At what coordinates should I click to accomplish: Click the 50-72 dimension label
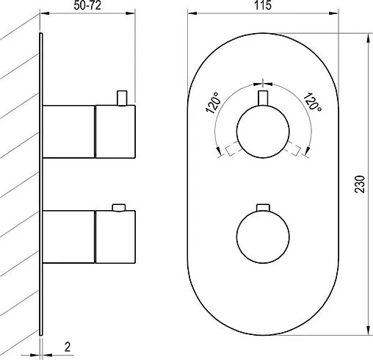pos(87,6)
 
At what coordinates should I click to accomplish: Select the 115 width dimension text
pos(263,5)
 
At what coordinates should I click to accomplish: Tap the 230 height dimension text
pos(360,184)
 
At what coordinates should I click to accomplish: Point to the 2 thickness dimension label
pos(68,347)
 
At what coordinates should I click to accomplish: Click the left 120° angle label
pos(214,103)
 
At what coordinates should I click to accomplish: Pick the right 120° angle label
pos(313,102)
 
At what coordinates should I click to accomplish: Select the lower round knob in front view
pos(263,237)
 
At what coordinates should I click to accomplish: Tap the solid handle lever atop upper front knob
pos(263,98)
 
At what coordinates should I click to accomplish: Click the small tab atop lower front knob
pos(263,207)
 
